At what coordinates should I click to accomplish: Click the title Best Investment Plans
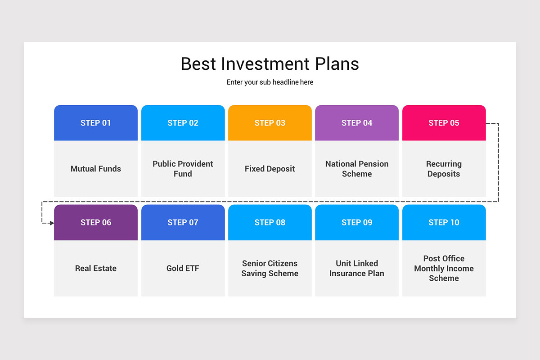(x=270, y=64)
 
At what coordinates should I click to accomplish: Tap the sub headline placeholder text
(x=270, y=82)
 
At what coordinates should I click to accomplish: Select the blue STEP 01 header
(x=96, y=123)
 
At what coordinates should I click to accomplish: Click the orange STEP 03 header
(x=270, y=123)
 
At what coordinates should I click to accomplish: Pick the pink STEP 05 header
(x=444, y=123)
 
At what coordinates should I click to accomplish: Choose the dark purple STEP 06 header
(x=96, y=222)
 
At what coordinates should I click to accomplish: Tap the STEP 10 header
(x=444, y=222)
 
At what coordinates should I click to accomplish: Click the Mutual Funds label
(x=96, y=169)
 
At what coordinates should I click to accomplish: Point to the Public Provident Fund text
(x=183, y=169)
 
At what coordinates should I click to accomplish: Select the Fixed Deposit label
(x=270, y=169)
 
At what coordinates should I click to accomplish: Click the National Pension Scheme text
(x=357, y=169)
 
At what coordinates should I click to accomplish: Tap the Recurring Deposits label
(x=444, y=169)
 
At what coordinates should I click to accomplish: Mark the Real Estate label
(x=96, y=268)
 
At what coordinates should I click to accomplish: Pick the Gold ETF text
(x=183, y=268)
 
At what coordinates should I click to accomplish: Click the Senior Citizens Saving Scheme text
(x=270, y=268)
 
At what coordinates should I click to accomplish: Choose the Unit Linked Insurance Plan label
(x=357, y=268)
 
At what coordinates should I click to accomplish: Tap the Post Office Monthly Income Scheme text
(x=444, y=268)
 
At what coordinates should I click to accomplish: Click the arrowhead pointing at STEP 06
(x=51, y=223)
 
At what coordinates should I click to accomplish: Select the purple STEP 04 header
(x=357, y=123)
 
